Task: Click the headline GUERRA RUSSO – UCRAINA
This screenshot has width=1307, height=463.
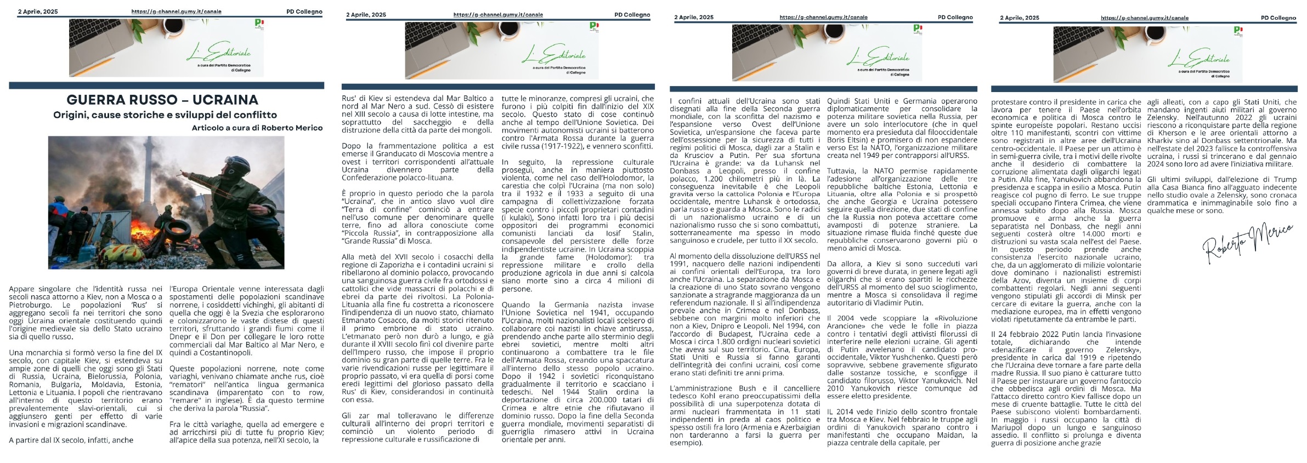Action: coord(162,100)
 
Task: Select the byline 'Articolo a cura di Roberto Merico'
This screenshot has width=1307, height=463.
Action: coord(257,128)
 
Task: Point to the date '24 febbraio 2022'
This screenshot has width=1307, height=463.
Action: coord(1031,334)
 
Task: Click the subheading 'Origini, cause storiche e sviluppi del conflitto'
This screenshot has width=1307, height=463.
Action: coord(165,115)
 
